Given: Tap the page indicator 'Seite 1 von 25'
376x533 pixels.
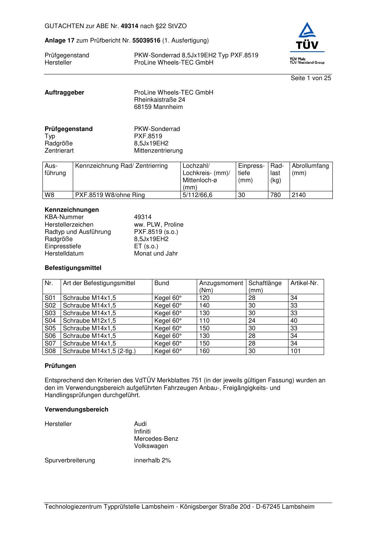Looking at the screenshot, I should tap(311, 78).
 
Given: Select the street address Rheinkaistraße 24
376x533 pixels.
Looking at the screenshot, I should tap(160, 100).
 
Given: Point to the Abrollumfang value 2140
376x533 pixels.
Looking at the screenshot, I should tap(299, 195).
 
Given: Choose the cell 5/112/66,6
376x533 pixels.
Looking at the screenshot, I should tap(197, 195).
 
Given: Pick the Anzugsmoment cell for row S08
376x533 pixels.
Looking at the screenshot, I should tap(204, 351).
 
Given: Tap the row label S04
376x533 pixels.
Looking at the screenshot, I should tap(50, 321).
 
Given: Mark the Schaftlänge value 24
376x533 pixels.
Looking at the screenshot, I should tap(252, 321).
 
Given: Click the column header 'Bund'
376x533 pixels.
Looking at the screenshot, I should tap(162, 283).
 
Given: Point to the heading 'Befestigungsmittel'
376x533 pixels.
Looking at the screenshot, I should tap(73, 268).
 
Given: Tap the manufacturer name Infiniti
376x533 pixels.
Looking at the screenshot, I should tap(142, 432).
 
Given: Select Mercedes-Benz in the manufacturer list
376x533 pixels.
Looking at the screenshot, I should tap(156, 439).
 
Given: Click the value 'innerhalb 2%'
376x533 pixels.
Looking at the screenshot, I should tap(152, 460).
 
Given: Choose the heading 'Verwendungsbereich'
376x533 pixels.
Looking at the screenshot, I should tap(76, 410).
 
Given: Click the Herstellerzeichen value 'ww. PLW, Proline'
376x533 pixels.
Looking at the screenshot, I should tap(158, 225).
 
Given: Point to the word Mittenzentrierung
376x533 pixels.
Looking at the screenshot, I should tap(158, 151).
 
